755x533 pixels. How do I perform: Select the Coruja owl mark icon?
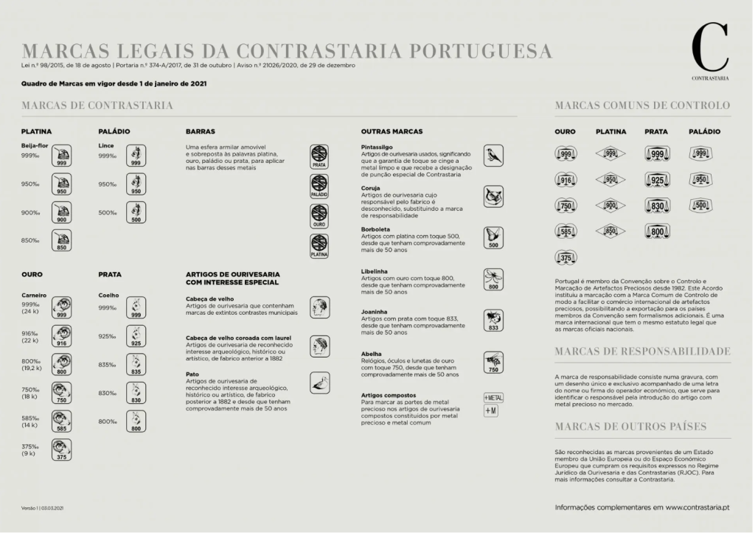pos(493,195)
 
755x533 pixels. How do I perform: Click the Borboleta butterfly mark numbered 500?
pos(493,237)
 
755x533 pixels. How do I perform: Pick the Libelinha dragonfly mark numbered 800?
pos(493,279)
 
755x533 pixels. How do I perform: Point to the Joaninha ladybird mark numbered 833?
pos(493,320)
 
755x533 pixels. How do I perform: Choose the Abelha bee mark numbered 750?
pos(493,363)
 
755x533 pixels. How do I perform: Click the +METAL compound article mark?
pos(493,397)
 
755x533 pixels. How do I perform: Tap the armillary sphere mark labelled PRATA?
pos(319,156)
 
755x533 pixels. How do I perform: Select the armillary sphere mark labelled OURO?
pos(319,215)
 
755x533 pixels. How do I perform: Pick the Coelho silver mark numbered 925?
pos(136,336)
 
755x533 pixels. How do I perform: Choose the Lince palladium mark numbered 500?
pos(136,212)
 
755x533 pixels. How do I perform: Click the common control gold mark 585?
pos(566,231)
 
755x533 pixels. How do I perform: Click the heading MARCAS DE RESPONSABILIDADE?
pos(642,351)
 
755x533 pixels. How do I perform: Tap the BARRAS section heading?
pos(201,131)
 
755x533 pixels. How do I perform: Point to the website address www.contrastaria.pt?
pos(697,507)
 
